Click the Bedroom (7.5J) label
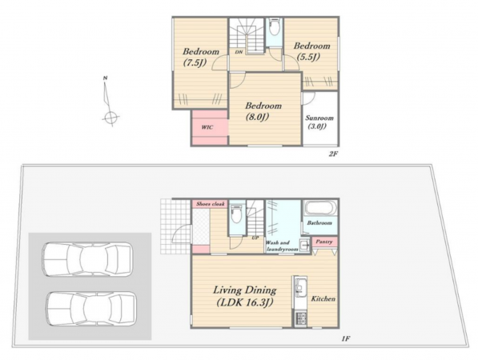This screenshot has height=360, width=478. [201, 57]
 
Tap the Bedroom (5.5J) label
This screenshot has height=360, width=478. [311, 51]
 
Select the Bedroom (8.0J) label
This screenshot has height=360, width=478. [263, 111]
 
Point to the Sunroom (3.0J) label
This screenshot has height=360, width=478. [319, 122]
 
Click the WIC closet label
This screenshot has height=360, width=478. [207, 127]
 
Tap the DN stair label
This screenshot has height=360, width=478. [239, 52]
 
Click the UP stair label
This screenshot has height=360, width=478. [255, 238]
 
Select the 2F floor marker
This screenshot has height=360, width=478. [333, 154]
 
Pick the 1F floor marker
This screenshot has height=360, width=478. [345, 338]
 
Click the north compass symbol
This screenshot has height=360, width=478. [109, 102]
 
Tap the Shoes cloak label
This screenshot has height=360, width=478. [211, 204]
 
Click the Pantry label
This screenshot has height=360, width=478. [323, 242]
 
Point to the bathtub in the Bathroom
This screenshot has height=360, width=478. [320, 208]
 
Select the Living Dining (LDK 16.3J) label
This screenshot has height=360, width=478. [244, 296]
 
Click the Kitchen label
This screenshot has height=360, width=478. [323, 298]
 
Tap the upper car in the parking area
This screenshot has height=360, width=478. [87, 259]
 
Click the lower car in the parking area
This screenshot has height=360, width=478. [91, 309]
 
